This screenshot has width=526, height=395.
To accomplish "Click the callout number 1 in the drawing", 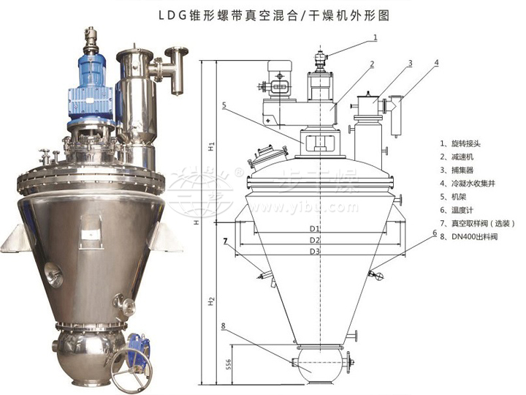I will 375,36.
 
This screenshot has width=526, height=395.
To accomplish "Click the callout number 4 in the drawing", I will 436,63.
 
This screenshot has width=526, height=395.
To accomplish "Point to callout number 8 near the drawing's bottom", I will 223,326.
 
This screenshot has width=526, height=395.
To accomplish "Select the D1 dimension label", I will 314,229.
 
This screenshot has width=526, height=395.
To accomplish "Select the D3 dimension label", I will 314,251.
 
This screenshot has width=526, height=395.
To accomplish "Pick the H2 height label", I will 210,300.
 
